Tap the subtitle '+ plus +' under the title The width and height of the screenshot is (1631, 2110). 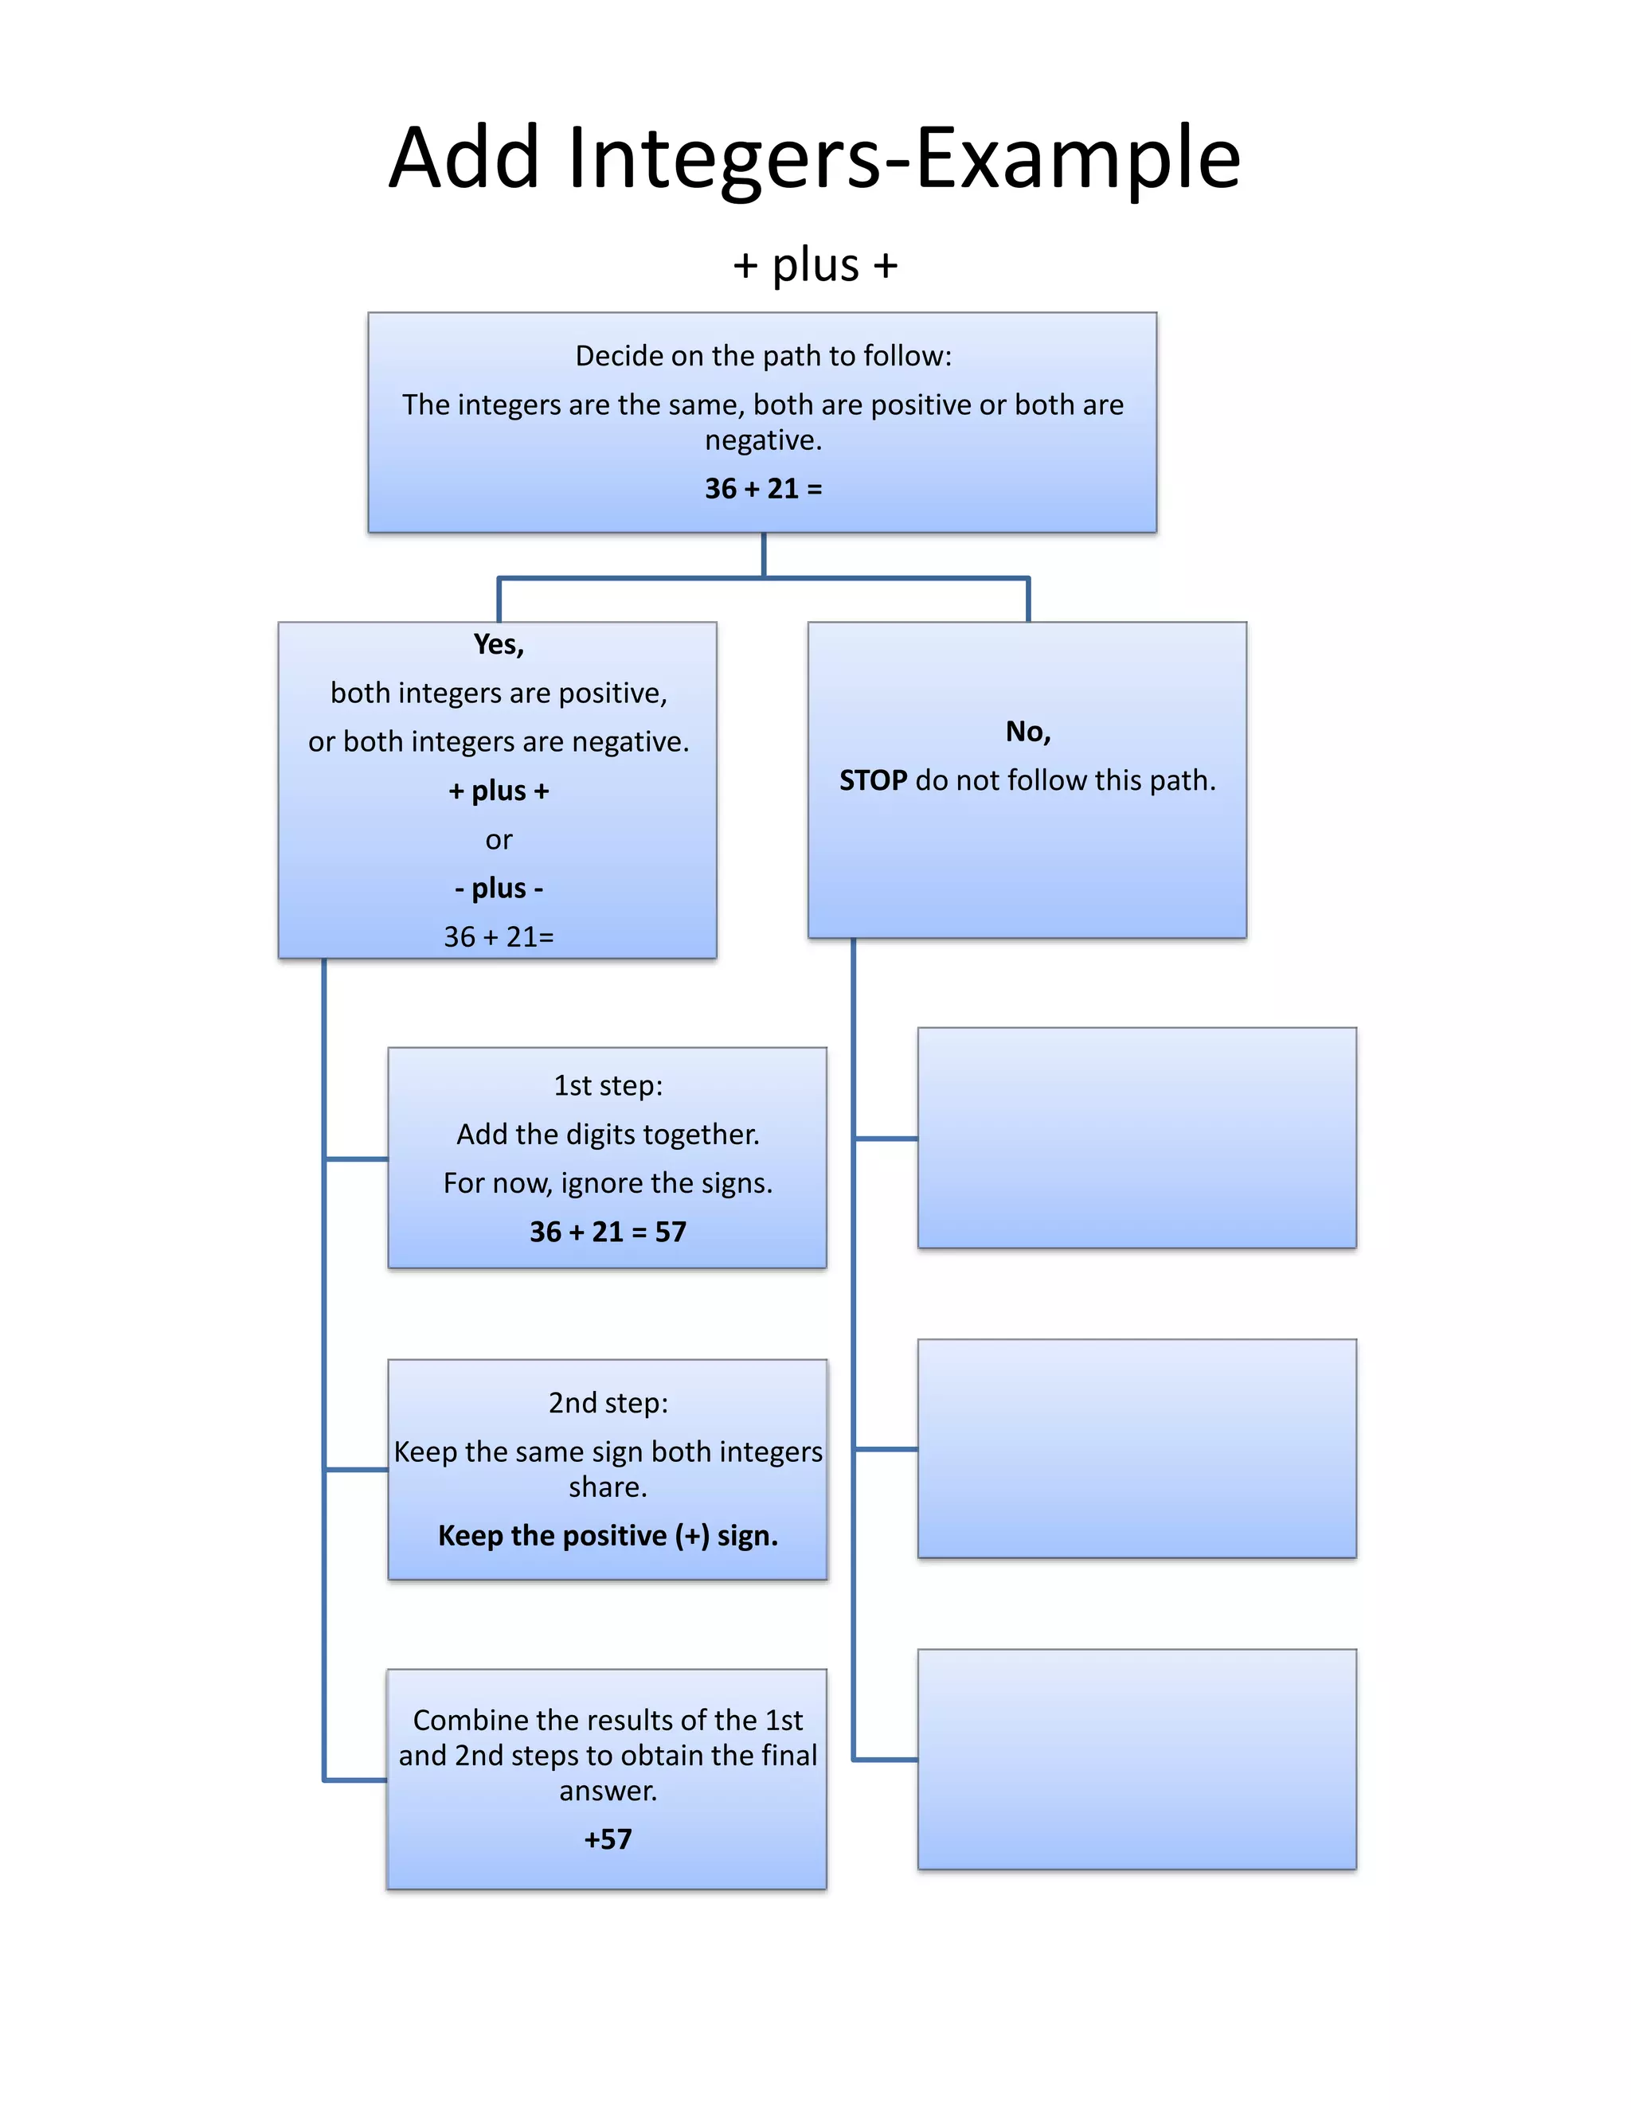815,264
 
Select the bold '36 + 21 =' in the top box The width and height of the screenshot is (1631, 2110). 762,488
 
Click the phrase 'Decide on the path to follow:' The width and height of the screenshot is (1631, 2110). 762,356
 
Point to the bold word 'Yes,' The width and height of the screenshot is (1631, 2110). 499,644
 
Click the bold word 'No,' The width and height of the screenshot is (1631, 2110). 1027,732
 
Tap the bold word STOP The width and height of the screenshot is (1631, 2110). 873,780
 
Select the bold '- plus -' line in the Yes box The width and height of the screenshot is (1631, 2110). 499,887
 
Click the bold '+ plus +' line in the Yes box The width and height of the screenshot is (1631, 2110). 499,791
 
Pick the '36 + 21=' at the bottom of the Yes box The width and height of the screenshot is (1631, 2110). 499,936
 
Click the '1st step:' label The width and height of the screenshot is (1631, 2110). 608,1085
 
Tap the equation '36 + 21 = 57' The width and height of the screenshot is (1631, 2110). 608,1231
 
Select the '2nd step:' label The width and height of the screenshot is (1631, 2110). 608,1402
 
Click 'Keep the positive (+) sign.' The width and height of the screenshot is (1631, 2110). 608,1535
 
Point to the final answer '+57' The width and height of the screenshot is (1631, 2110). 608,1838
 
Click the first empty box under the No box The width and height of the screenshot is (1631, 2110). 1136,1137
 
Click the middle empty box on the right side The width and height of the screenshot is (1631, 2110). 1136,1448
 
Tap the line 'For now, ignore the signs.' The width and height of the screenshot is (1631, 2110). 608,1182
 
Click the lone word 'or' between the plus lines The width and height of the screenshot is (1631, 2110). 499,839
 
